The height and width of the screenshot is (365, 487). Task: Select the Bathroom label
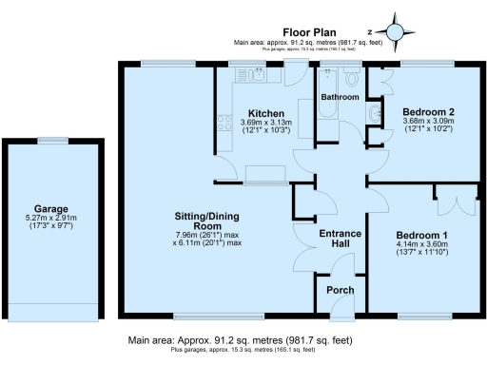(x=340, y=97)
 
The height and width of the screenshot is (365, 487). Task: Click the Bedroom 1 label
(x=420, y=234)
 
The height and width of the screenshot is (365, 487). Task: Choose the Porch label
(x=340, y=289)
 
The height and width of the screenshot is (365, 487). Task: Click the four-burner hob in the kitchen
(x=226, y=122)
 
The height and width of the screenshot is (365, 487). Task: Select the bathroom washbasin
(x=374, y=115)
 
